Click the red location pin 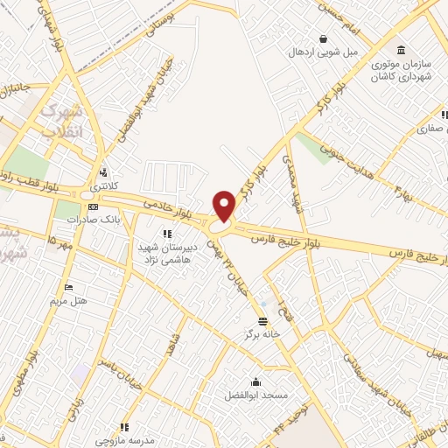(225, 205)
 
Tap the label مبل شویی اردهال (325, 52)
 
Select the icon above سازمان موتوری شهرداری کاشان (401, 48)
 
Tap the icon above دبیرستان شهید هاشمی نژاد (167, 233)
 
